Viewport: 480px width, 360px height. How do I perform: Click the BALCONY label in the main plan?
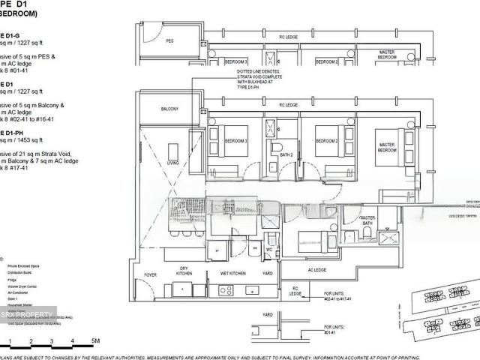point(169,109)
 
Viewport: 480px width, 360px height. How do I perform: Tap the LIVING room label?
point(173,162)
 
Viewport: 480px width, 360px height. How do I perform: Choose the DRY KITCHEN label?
point(184,271)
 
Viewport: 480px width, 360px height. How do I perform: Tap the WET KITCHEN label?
point(233,273)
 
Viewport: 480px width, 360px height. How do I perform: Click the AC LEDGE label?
point(317,270)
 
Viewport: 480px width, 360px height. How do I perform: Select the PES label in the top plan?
point(169,41)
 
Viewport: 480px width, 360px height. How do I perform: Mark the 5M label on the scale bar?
point(95,341)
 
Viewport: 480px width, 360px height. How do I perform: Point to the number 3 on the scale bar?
point(51,341)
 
